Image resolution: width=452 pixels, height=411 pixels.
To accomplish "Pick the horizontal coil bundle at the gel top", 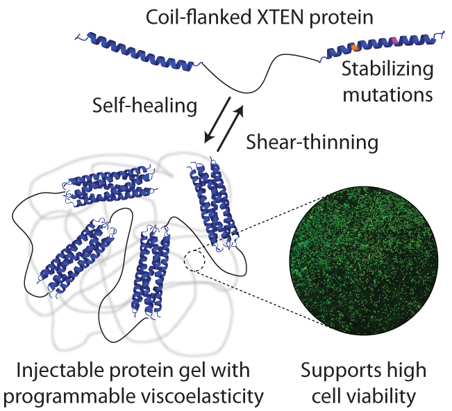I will [x=108, y=187].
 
